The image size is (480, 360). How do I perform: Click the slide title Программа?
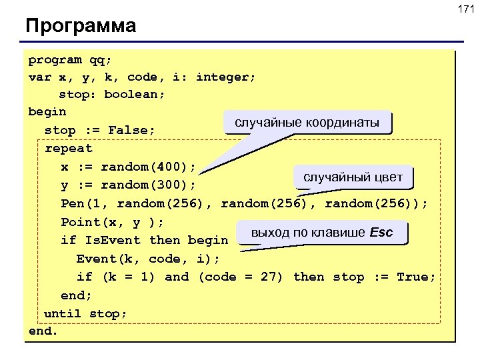click(81, 26)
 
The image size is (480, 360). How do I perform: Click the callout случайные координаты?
click(307, 123)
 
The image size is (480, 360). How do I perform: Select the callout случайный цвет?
click(353, 177)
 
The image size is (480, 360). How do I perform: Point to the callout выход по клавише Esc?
click(321, 233)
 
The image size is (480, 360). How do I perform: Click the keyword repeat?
click(68, 148)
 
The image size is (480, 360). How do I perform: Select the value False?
click(132, 130)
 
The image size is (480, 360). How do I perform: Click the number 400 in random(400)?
click(173, 166)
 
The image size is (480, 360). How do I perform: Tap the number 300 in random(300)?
click(173, 185)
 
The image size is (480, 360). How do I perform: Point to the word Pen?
click(72, 203)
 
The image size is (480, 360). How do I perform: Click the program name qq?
click(97, 60)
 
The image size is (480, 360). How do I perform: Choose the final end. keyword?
click(43, 331)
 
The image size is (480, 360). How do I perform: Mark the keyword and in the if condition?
click(177, 277)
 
